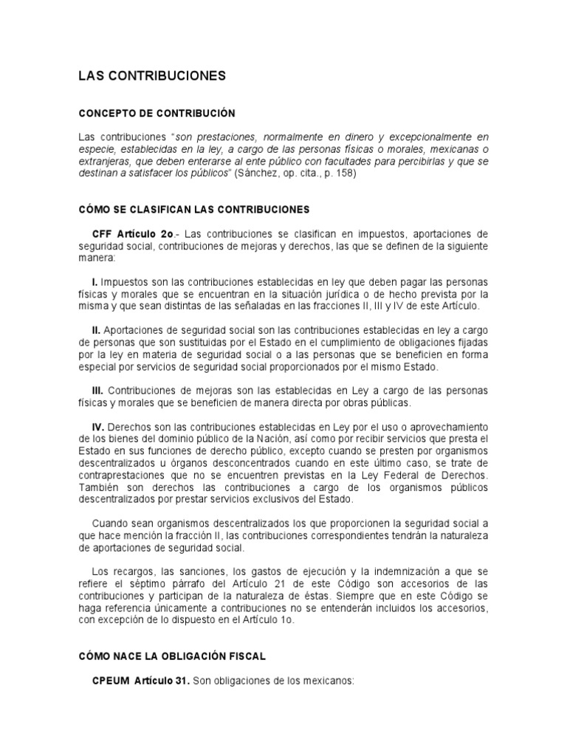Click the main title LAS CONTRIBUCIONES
pyautogui.click(x=152, y=76)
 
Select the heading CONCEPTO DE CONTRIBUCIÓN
pyautogui.click(x=157, y=114)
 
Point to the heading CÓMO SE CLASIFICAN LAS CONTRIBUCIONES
pyautogui.click(x=194, y=210)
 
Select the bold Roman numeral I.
pyautogui.click(x=94, y=283)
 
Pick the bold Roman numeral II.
pyautogui.click(x=96, y=331)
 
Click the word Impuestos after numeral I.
pyautogui.click(x=124, y=283)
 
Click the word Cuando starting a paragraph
pyautogui.click(x=110, y=523)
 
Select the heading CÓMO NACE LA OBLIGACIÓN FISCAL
pyautogui.click(x=173, y=656)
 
